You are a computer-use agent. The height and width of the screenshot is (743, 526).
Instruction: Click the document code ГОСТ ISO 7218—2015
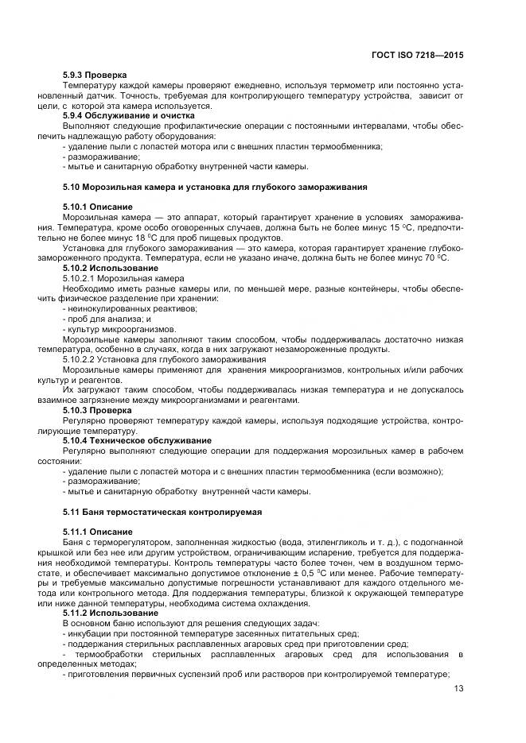[419, 56]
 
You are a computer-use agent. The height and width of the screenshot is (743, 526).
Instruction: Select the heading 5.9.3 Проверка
[94, 75]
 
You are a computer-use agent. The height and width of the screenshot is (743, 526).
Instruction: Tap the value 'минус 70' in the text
[419, 258]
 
